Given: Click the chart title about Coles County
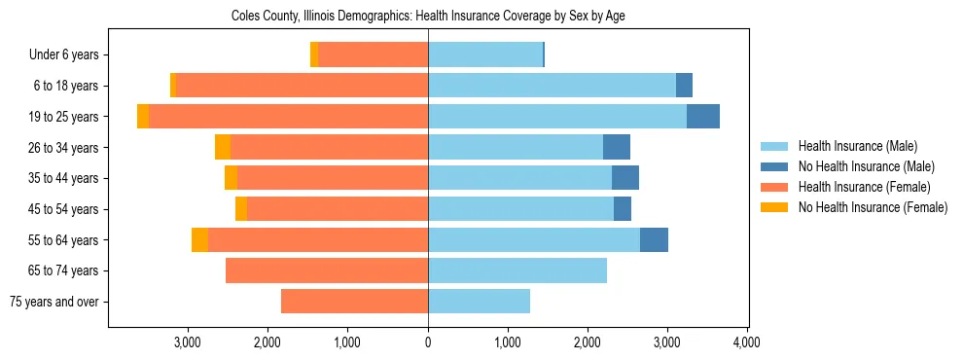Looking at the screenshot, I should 428,17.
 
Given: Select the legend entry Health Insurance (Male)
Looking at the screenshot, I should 856,146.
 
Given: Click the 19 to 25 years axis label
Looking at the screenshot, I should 65,117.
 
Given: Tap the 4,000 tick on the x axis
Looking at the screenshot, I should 746,342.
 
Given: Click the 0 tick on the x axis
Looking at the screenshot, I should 428,342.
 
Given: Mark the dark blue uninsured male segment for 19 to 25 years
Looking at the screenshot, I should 703,117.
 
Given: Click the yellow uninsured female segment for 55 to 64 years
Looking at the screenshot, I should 199,240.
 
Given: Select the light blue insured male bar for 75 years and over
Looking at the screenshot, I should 479,302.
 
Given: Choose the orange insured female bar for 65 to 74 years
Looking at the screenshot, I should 327,270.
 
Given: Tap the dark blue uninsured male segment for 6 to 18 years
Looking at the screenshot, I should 684,86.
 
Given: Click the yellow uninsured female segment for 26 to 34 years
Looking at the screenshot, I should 223,147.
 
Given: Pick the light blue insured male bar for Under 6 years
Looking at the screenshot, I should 484,55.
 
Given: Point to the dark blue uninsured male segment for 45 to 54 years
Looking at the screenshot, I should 623,209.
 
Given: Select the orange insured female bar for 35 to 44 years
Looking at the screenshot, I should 333,178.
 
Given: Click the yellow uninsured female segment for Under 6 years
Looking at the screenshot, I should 314,55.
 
